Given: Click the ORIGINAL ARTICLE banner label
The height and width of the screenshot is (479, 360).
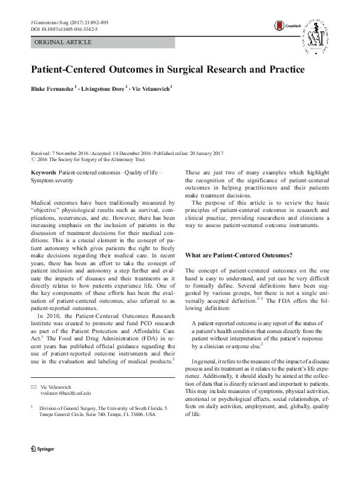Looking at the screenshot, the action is tap(64, 42).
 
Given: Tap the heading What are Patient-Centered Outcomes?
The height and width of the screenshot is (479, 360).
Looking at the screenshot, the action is tap(238, 255).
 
